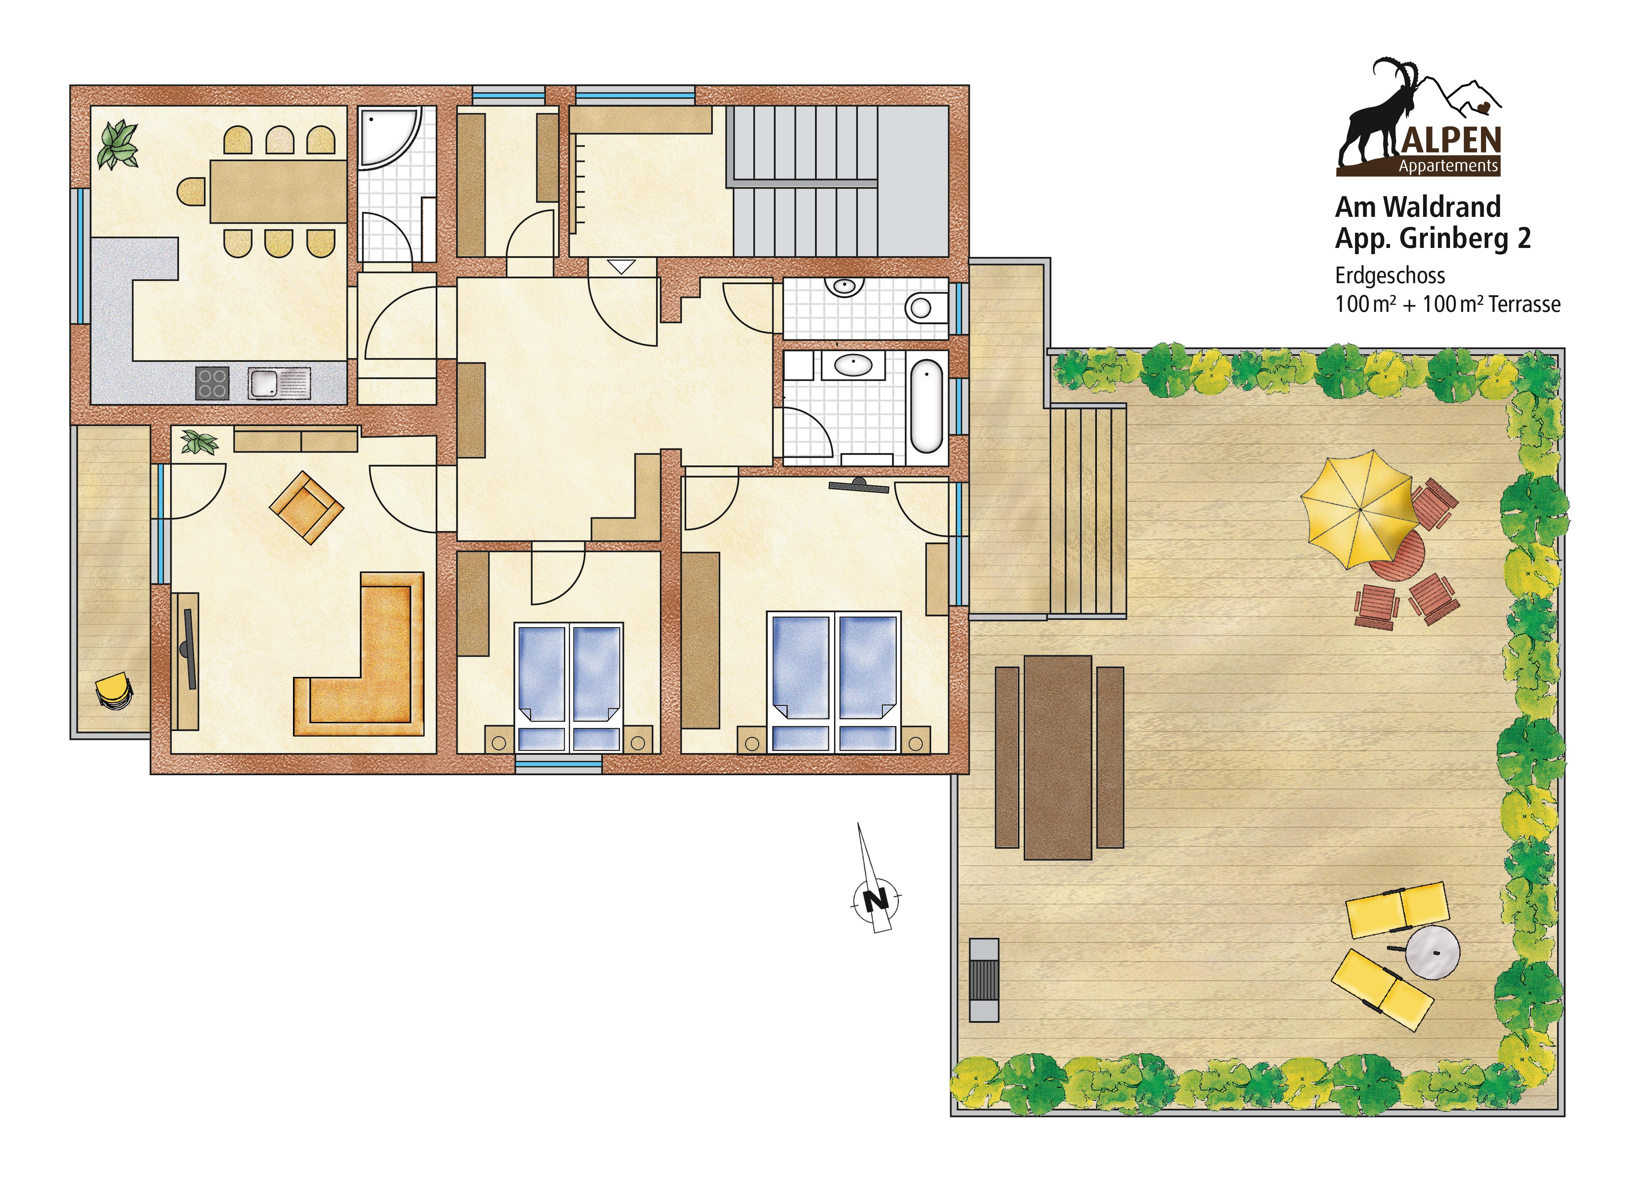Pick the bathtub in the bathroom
click(x=926, y=406)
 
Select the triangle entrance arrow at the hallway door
click(x=620, y=266)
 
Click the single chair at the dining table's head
click(x=191, y=191)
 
